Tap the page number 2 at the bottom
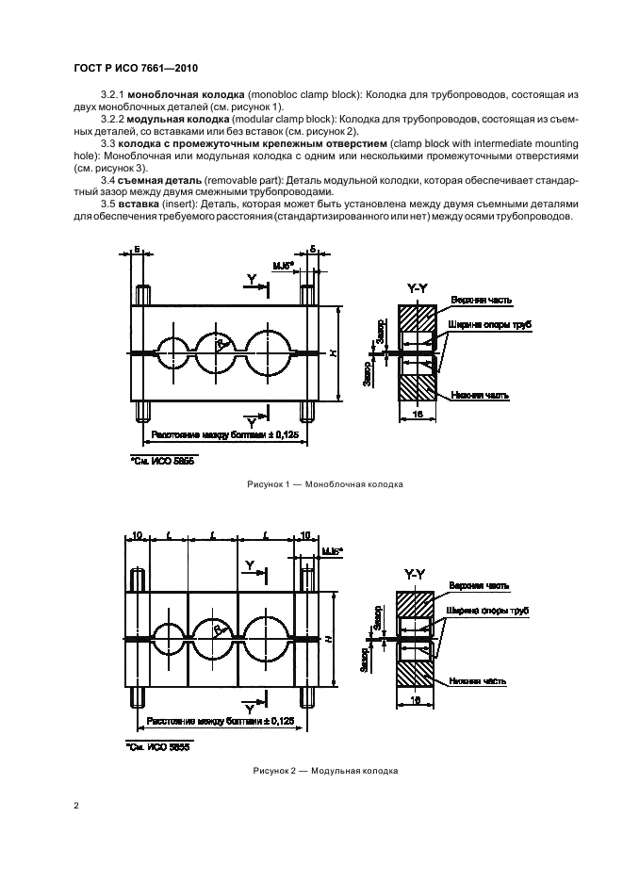(x=75, y=807)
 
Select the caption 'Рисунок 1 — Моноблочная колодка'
(x=325, y=484)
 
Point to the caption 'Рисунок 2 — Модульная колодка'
(x=325, y=770)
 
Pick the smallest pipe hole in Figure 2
(x=169, y=639)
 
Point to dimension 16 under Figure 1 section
(x=416, y=414)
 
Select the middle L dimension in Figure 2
(x=215, y=536)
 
